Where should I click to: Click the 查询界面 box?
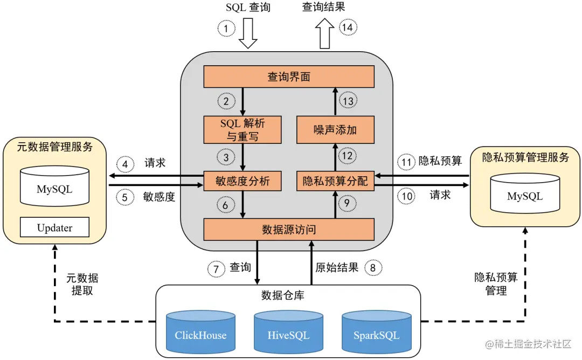click(x=288, y=77)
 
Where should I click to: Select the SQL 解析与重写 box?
click(x=242, y=130)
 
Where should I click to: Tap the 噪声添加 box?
click(x=335, y=130)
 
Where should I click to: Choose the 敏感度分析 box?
click(x=242, y=181)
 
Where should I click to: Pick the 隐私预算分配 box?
click(x=335, y=181)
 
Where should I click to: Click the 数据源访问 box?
click(x=288, y=230)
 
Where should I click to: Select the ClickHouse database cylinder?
click(x=200, y=332)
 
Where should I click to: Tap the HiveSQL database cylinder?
click(x=288, y=332)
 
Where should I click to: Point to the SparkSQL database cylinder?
click(x=376, y=332)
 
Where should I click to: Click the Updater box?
click(x=54, y=227)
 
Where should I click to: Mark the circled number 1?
click(x=226, y=27)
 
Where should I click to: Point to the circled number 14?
click(x=349, y=27)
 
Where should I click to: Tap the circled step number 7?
click(x=217, y=268)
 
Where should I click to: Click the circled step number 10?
click(x=407, y=196)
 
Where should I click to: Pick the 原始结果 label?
click(x=337, y=268)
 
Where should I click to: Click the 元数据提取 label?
click(x=82, y=284)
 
